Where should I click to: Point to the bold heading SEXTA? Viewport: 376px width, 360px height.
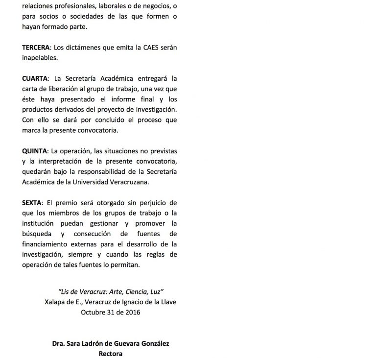32,202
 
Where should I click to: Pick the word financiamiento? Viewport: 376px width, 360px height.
48,243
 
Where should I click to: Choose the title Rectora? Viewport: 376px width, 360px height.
111,353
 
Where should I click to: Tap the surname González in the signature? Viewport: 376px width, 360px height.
153,344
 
